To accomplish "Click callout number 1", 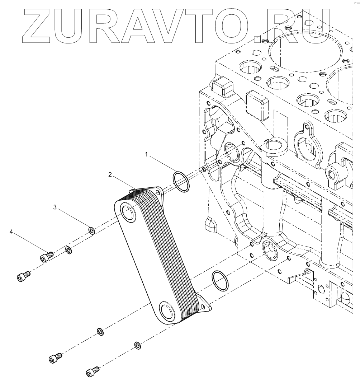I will coord(146,154).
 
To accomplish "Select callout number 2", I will coord(110,175).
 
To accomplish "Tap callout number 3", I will coord(55,207).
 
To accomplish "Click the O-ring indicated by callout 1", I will coord(181,182).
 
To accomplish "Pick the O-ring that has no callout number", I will coord(220,281).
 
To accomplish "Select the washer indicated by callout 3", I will coord(91,230).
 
